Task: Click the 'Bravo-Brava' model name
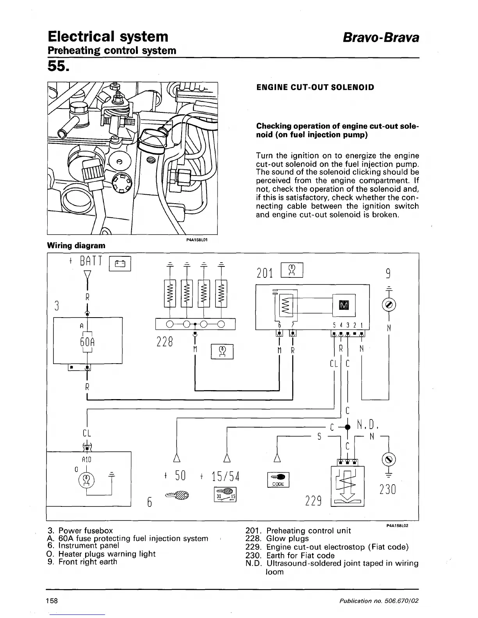pyautogui.click(x=381, y=37)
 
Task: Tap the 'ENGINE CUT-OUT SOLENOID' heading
pyautogui.click(x=315, y=87)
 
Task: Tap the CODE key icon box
pyautogui.click(x=278, y=479)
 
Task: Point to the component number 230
pyautogui.click(x=387, y=489)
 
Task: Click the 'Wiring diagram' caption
pyautogui.click(x=76, y=245)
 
